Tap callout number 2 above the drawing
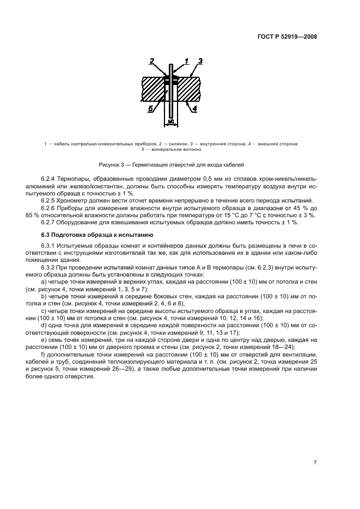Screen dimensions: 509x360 point(152,61)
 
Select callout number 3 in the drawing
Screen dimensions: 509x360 point(200,61)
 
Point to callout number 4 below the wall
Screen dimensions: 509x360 point(195,108)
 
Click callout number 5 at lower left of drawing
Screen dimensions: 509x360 point(150,108)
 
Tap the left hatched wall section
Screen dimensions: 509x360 point(152,88)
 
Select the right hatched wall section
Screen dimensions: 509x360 point(190,88)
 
